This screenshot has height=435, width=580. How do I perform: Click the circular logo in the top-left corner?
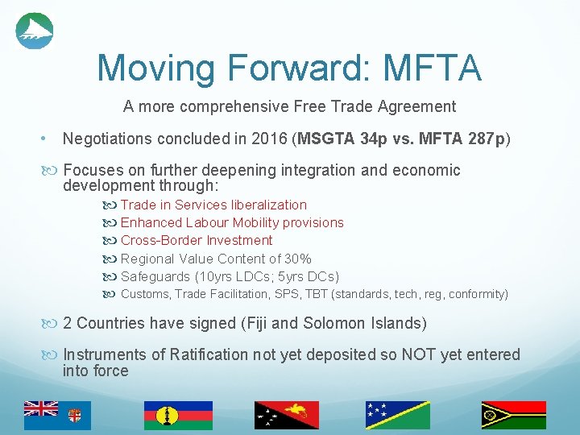35,31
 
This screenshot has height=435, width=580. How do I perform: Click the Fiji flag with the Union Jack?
57,414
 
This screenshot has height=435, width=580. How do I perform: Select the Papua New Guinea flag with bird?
286,414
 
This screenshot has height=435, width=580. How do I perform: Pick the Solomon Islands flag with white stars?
397,414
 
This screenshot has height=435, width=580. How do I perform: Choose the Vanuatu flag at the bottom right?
513,414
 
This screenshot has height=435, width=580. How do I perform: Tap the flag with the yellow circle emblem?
178,414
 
